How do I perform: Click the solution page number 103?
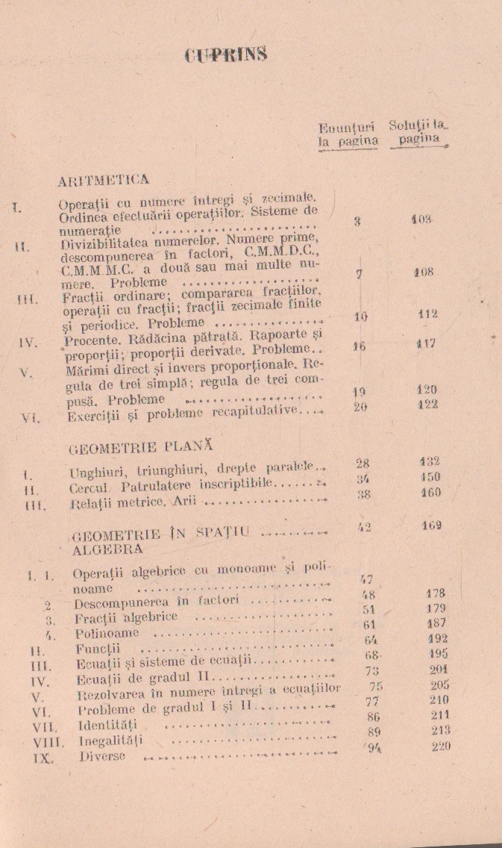point(422,219)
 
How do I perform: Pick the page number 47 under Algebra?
point(365,579)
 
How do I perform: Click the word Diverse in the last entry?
point(102,756)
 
